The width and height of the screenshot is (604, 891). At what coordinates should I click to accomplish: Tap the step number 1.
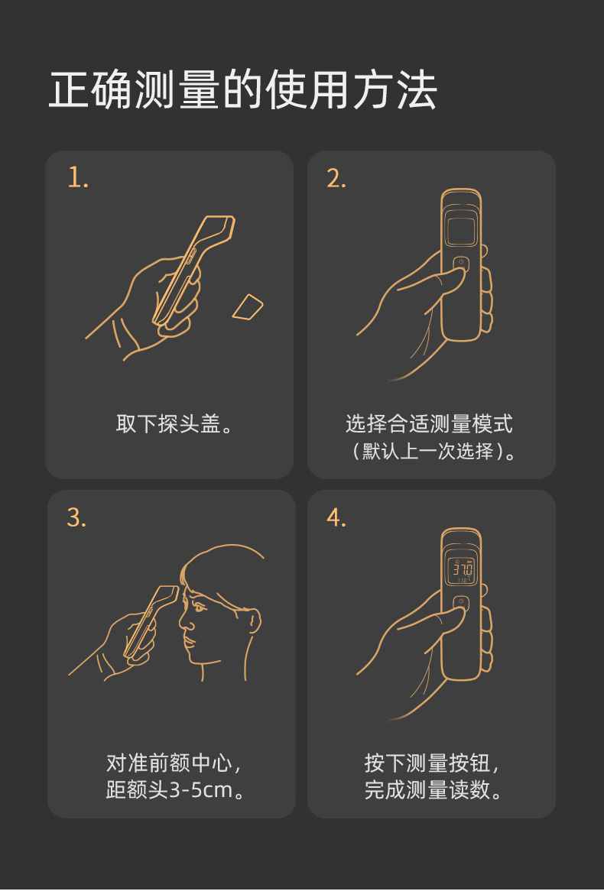click(x=78, y=178)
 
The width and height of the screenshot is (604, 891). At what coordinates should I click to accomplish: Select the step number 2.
click(x=336, y=178)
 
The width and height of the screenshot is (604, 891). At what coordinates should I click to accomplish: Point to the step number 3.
click(x=76, y=517)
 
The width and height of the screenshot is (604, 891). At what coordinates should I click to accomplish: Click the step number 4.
click(x=336, y=517)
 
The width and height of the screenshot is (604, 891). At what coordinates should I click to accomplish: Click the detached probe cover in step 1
click(x=248, y=306)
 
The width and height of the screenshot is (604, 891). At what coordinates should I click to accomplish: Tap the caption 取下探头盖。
click(x=174, y=424)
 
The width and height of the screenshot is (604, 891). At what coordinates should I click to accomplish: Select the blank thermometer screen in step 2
click(x=461, y=229)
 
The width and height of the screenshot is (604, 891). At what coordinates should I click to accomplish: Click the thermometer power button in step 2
click(x=461, y=264)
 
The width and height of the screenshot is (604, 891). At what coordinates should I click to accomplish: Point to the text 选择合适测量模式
click(x=430, y=424)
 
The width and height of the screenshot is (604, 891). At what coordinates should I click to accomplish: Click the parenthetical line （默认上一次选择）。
click(x=432, y=451)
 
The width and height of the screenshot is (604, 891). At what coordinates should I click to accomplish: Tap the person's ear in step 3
click(x=254, y=621)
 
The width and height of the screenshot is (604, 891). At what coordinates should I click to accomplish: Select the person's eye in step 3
click(x=200, y=607)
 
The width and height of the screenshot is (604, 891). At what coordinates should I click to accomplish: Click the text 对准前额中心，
click(x=174, y=763)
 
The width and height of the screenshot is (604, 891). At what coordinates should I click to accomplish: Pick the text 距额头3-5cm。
click(x=175, y=790)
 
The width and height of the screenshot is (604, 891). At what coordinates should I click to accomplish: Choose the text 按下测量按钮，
click(x=432, y=763)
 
